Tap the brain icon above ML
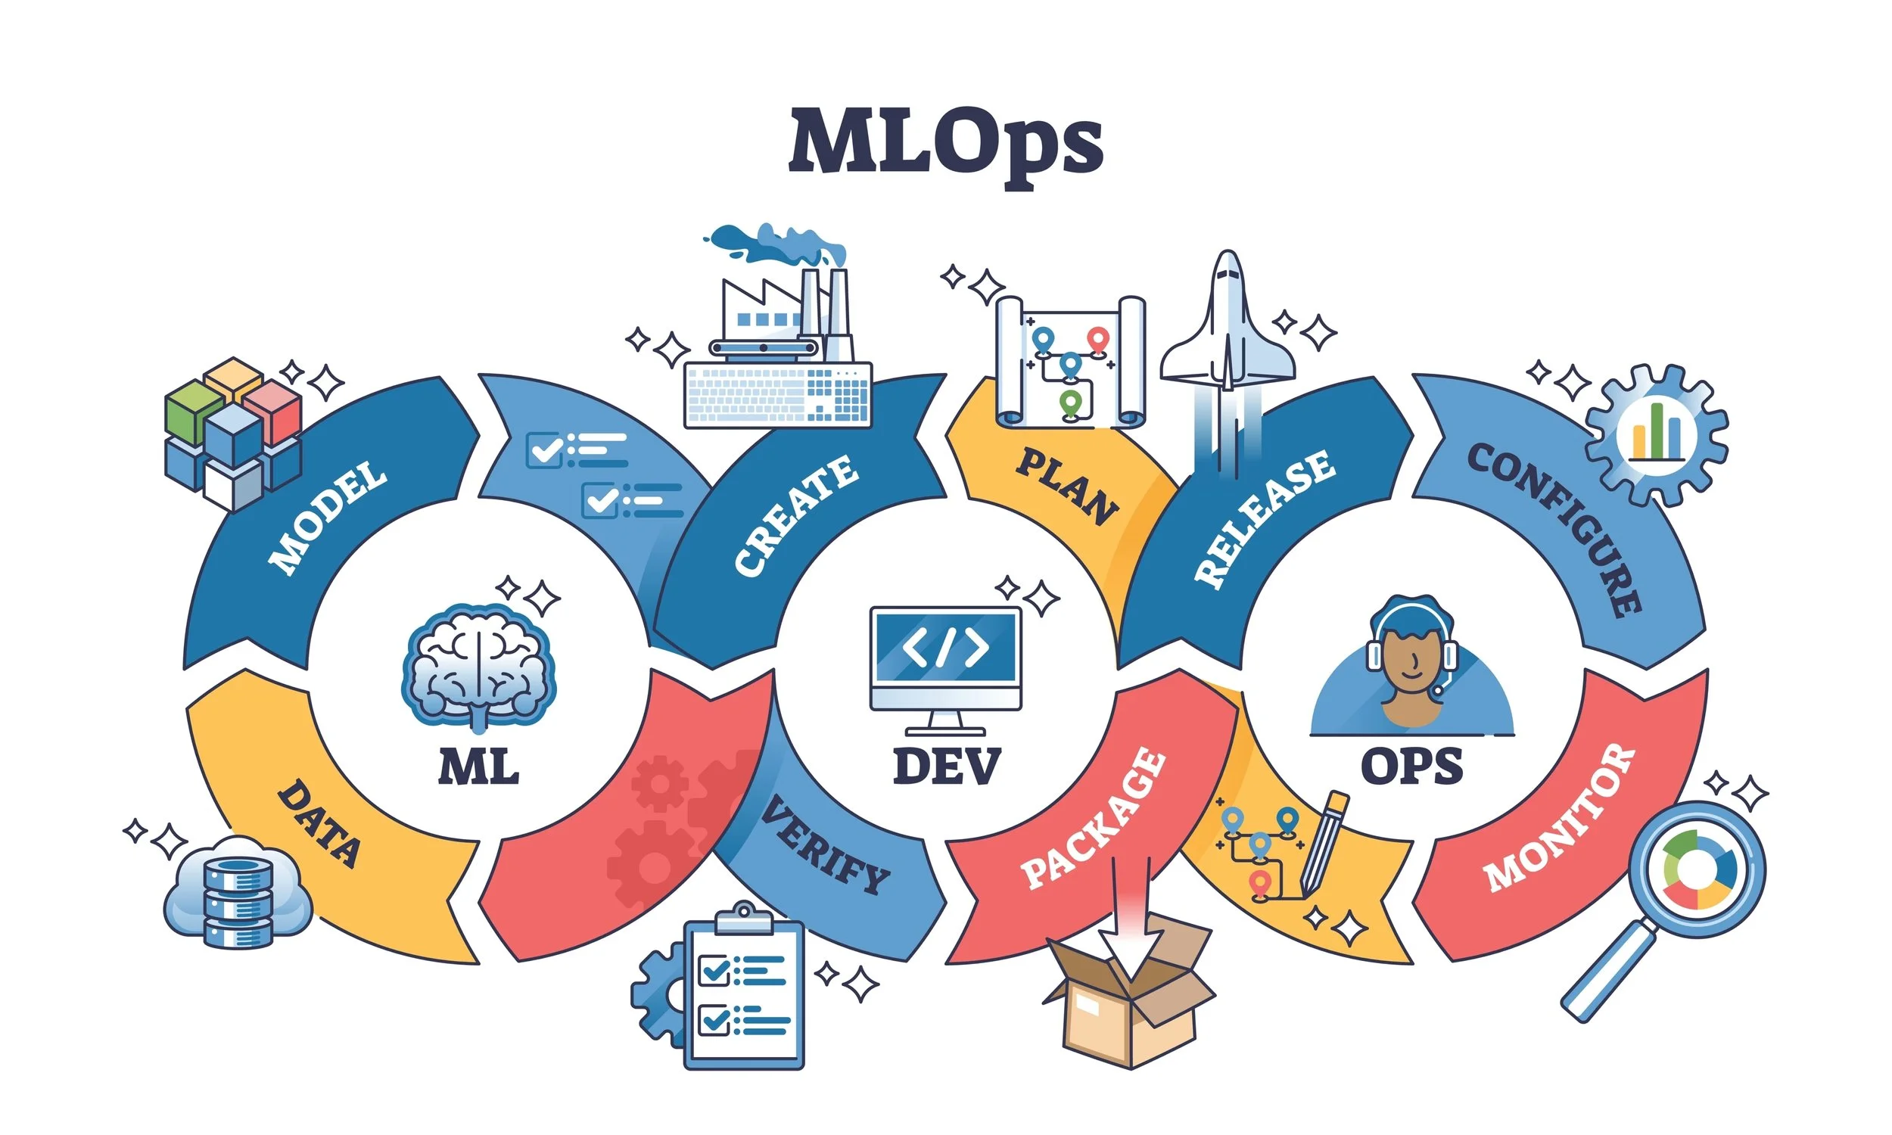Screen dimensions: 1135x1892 479,664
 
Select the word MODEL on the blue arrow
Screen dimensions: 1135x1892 327,518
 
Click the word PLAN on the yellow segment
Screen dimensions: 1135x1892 1068,487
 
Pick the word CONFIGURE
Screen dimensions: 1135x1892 1557,527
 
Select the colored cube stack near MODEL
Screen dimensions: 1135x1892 232,432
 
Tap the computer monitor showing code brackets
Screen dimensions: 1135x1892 945,658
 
